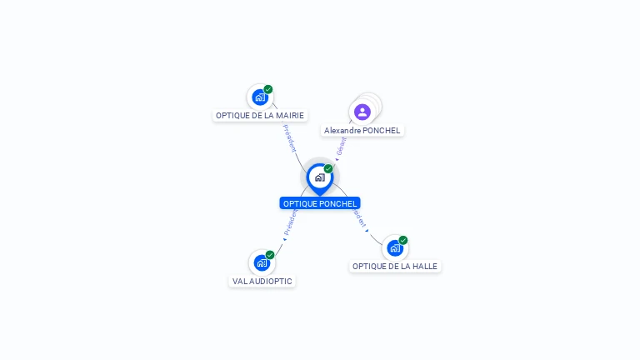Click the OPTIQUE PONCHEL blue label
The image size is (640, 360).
[320, 203]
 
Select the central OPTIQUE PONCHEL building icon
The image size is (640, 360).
[319, 177]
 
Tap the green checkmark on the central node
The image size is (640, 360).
[328, 168]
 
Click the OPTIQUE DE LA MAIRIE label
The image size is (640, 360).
[260, 116]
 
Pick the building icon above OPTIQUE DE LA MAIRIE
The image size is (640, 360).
[260, 97]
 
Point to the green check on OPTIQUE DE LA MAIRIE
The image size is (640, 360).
[268, 89]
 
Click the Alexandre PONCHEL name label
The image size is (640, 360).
[362, 131]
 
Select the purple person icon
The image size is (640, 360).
[362, 112]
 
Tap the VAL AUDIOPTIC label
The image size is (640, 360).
[262, 282]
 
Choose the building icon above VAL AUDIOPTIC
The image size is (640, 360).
[262, 263]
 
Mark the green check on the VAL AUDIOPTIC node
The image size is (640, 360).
[270, 255]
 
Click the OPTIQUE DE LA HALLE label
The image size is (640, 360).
[394, 267]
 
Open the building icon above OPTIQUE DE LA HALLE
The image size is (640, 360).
[395, 248]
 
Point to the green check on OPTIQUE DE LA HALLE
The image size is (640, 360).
[403, 240]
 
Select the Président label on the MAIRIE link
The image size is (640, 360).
[289, 138]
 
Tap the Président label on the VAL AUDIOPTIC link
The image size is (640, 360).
[289, 222]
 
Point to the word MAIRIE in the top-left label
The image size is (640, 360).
[289, 116]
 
